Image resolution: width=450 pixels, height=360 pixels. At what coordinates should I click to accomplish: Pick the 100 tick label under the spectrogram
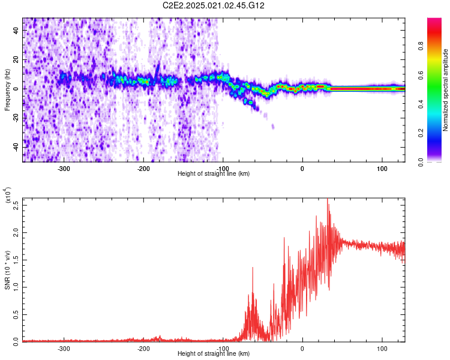coord(382,168)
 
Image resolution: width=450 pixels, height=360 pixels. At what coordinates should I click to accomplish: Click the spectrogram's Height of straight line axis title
coord(214,174)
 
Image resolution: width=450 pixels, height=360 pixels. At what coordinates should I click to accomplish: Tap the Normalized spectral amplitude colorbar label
coord(446,90)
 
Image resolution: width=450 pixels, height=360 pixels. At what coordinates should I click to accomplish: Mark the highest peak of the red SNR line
coord(328,200)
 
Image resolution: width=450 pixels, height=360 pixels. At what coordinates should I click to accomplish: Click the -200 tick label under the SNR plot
coord(143,348)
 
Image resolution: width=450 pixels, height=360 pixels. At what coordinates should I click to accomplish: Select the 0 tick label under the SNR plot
coord(302,348)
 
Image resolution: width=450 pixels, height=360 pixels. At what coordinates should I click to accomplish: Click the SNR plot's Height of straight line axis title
coord(214,354)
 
